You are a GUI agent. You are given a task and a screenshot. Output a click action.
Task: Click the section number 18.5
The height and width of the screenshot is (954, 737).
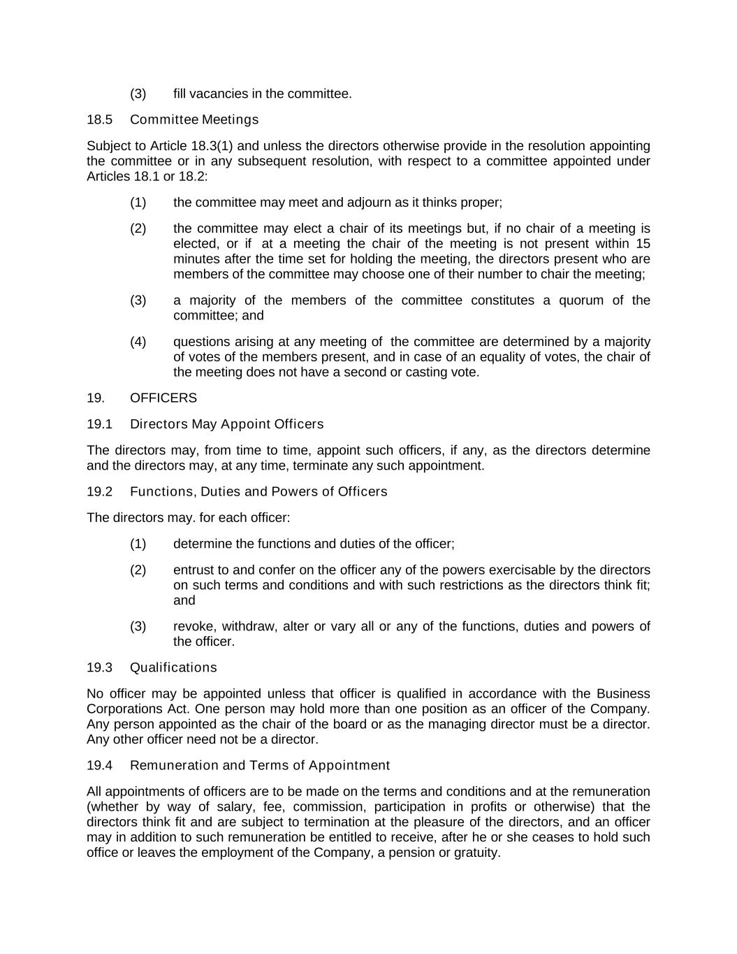[x=99, y=120]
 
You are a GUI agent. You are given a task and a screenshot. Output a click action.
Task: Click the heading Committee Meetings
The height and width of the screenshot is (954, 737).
[x=194, y=120]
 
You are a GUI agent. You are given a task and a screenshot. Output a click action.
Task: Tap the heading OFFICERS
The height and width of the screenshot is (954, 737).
[x=163, y=398]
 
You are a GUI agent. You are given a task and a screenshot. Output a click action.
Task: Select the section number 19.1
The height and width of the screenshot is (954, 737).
[x=99, y=424]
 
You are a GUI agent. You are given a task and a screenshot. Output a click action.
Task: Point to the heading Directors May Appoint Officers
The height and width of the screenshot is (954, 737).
[x=227, y=424]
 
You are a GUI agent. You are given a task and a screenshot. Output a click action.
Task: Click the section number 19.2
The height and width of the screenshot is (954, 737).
[x=99, y=491]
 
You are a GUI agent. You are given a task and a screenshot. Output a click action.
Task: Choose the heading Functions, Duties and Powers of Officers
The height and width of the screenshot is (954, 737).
[x=258, y=491]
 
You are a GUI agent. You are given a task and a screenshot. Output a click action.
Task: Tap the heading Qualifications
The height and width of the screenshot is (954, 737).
[x=173, y=667]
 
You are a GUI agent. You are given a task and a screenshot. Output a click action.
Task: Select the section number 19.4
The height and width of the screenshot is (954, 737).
[x=99, y=765]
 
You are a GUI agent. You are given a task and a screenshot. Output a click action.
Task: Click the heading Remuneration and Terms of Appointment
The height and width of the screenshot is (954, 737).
[x=260, y=765]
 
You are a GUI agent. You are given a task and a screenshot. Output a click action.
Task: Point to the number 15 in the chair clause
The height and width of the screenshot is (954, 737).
[x=643, y=243]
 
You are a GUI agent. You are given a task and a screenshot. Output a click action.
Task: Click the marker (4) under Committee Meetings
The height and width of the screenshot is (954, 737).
[x=138, y=342]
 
